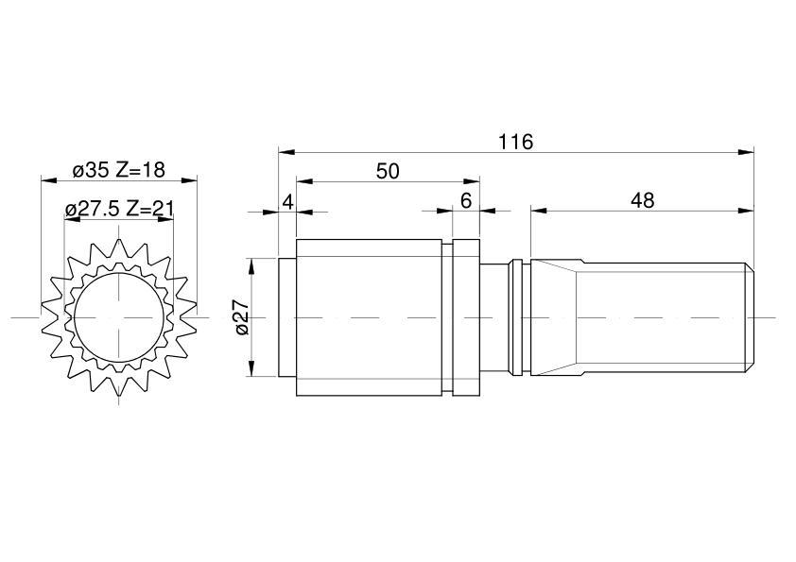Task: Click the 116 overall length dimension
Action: (515, 143)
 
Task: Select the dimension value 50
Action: (388, 172)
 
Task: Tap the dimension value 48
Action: (642, 201)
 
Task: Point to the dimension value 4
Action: (287, 202)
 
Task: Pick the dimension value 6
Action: (466, 201)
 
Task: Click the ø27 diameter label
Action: (243, 317)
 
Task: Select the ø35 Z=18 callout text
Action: (119, 170)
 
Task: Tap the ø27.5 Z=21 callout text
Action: (120, 209)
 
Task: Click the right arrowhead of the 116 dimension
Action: (746, 152)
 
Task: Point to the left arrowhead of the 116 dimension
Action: (286, 152)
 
